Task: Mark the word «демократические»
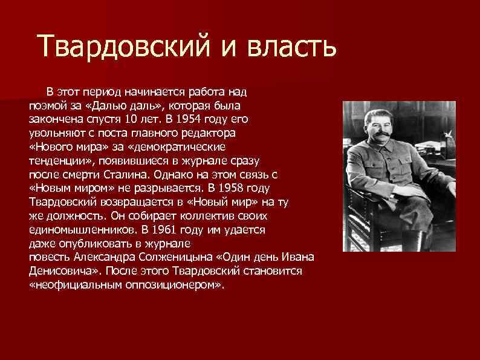tap(175, 146)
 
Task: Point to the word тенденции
tap(54, 160)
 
